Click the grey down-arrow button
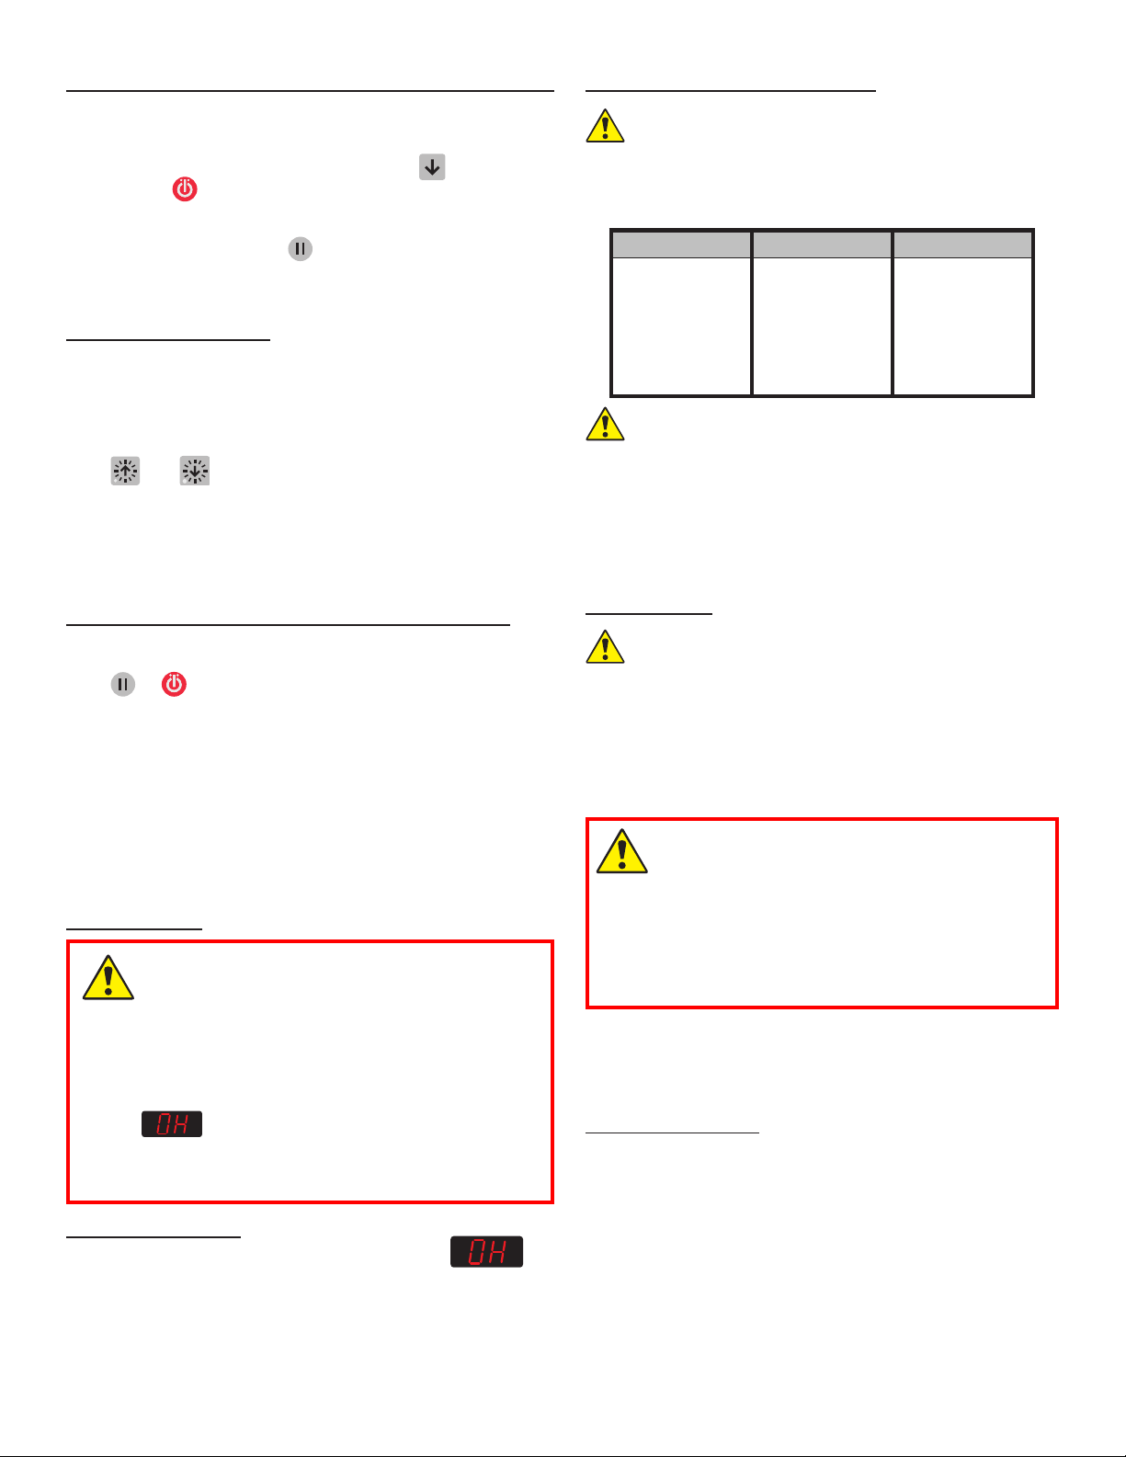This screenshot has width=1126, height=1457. pyautogui.click(x=432, y=167)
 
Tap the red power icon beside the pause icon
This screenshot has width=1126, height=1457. pyautogui.click(x=174, y=684)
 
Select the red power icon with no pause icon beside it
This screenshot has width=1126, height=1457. pyautogui.click(x=185, y=189)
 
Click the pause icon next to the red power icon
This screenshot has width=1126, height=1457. pyautogui.click(x=122, y=684)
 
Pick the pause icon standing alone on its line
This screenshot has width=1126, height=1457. pyautogui.click(x=300, y=249)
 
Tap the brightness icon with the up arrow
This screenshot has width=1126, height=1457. pyautogui.click(x=125, y=471)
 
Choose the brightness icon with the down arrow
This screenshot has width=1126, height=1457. pyautogui.click(x=194, y=471)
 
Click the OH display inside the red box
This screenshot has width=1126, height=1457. pyautogui.click(x=172, y=1123)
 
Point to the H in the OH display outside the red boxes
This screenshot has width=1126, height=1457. pyautogui.click(x=496, y=1252)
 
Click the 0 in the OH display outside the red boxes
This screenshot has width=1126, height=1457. pyautogui.click(x=476, y=1252)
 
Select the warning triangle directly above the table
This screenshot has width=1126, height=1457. pyautogui.click(x=605, y=126)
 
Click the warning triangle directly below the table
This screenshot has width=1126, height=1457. pyautogui.click(x=605, y=425)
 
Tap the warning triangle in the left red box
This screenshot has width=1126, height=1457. pyautogui.click(x=108, y=978)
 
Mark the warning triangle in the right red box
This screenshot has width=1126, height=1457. pyautogui.click(x=621, y=851)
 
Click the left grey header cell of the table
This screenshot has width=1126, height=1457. pyautogui.click(x=681, y=245)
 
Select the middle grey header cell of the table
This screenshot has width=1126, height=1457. pyautogui.click(x=822, y=245)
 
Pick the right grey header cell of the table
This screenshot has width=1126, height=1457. pyautogui.click(x=962, y=245)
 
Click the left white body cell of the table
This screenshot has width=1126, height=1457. pyautogui.click(x=681, y=325)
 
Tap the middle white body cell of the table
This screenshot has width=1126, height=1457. pyautogui.click(x=822, y=325)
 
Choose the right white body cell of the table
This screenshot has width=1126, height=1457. pyautogui.click(x=962, y=325)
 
